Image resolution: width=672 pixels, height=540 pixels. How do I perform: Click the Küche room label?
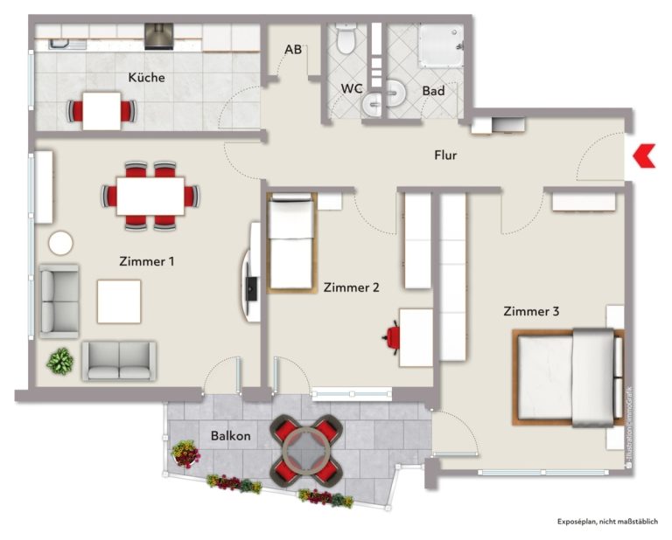coord(147,78)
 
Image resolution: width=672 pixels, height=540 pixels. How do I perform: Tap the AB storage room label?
coord(293,50)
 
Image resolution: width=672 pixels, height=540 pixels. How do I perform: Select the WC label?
coord(352,88)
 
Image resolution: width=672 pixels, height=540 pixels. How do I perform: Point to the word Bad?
coord(433,91)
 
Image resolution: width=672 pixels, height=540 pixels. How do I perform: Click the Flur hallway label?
coord(445,155)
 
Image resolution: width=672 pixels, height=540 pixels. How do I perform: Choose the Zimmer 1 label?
coord(147,261)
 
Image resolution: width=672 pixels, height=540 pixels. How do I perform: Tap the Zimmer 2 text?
coord(352,287)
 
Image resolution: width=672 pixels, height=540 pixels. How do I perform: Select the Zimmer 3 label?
coord(531,311)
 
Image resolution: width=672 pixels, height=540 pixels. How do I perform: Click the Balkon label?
coord(231,436)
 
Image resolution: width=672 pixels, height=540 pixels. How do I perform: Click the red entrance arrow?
coord(644,156)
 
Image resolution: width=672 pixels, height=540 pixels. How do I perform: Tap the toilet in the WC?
coord(346,39)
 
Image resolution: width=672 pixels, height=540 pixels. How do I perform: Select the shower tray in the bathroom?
coord(441,45)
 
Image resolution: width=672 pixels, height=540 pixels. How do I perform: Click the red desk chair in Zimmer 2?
coord(392,337)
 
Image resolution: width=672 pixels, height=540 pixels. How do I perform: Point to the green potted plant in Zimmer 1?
coord(60,362)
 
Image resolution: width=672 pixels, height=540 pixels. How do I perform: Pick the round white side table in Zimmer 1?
coord(61,243)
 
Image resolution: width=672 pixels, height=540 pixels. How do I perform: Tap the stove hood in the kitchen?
coord(159,37)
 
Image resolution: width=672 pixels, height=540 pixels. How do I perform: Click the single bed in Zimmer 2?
coord(291,243)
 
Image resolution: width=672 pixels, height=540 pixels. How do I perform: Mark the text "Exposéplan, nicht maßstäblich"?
coord(607,522)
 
